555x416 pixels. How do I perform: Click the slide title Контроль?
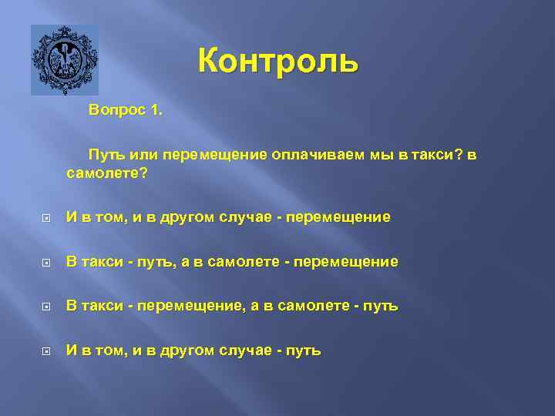point(277,61)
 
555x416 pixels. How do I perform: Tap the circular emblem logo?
point(64,60)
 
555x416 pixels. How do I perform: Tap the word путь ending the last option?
point(304,351)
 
